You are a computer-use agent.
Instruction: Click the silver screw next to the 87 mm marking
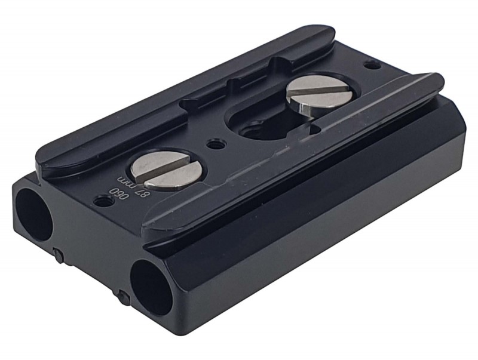click(167, 171)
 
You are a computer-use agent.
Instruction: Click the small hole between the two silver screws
click(216, 143)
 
